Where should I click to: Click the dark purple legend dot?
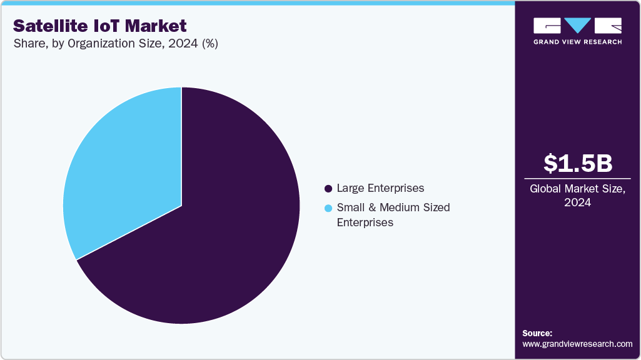328,188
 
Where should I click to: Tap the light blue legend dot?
328,207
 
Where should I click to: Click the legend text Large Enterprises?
380,188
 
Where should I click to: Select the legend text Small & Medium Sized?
393,207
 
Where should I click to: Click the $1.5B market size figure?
577,164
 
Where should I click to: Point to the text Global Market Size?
577,189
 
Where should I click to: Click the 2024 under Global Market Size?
577,202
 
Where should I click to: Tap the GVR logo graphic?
577,26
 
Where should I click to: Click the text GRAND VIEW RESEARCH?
577,42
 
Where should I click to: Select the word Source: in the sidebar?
537,333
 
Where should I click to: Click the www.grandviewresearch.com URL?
577,344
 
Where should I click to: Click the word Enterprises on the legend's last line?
365,222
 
